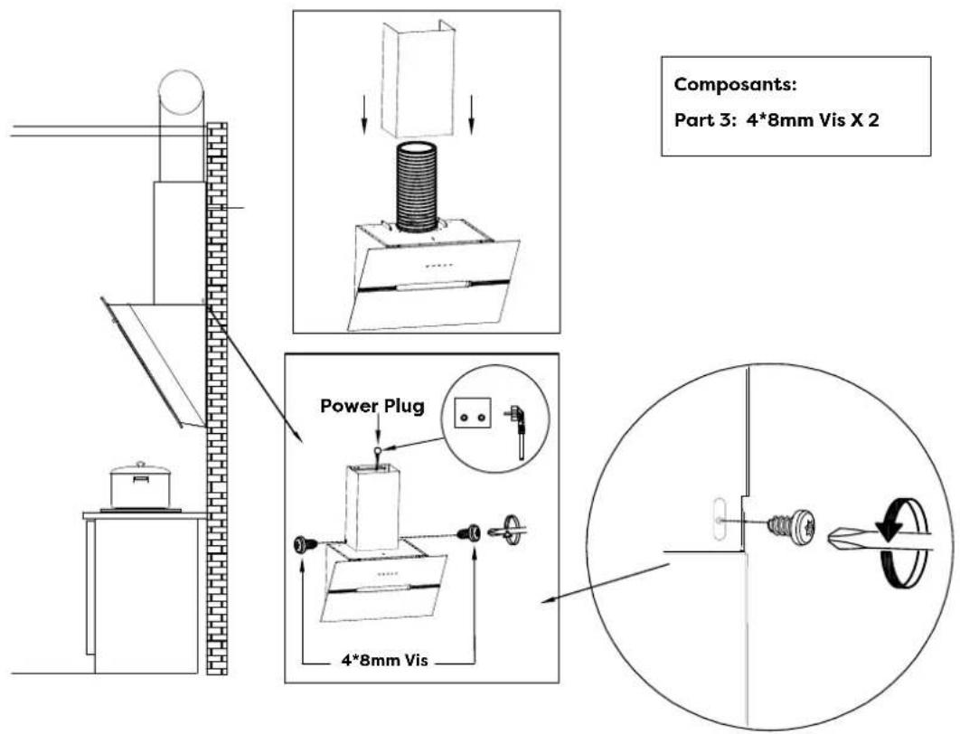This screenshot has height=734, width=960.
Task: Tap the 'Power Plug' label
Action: tap(372, 406)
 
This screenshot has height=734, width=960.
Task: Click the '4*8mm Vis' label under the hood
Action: tap(384, 661)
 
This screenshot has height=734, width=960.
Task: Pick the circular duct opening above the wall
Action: tap(181, 92)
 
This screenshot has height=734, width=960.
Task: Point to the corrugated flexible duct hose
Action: tap(418, 186)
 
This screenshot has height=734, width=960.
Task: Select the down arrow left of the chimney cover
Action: tap(363, 114)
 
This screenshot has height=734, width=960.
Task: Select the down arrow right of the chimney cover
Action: tap(471, 114)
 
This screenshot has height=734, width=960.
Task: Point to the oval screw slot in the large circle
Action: tap(718, 519)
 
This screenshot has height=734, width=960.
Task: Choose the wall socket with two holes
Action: tap(473, 413)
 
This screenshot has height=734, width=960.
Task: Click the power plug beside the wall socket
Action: tap(518, 431)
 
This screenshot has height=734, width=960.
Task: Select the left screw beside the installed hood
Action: tap(306, 543)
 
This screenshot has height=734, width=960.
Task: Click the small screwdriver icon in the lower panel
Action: tap(507, 528)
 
